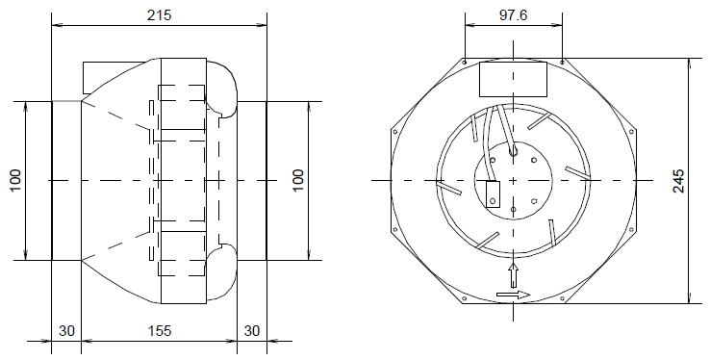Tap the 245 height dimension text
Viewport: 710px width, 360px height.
679,181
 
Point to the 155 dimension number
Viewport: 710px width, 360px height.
160,330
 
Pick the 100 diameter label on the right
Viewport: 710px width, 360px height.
298,180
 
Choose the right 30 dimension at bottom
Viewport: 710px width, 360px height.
252,330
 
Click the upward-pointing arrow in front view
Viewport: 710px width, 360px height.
513,272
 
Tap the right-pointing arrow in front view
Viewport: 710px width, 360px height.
514,296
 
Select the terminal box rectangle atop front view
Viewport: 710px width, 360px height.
513,78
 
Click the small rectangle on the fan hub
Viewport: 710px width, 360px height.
494,194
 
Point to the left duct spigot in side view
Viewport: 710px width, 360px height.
64,180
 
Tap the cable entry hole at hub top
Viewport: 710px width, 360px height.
513,150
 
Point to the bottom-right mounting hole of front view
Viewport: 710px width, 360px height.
633,230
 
